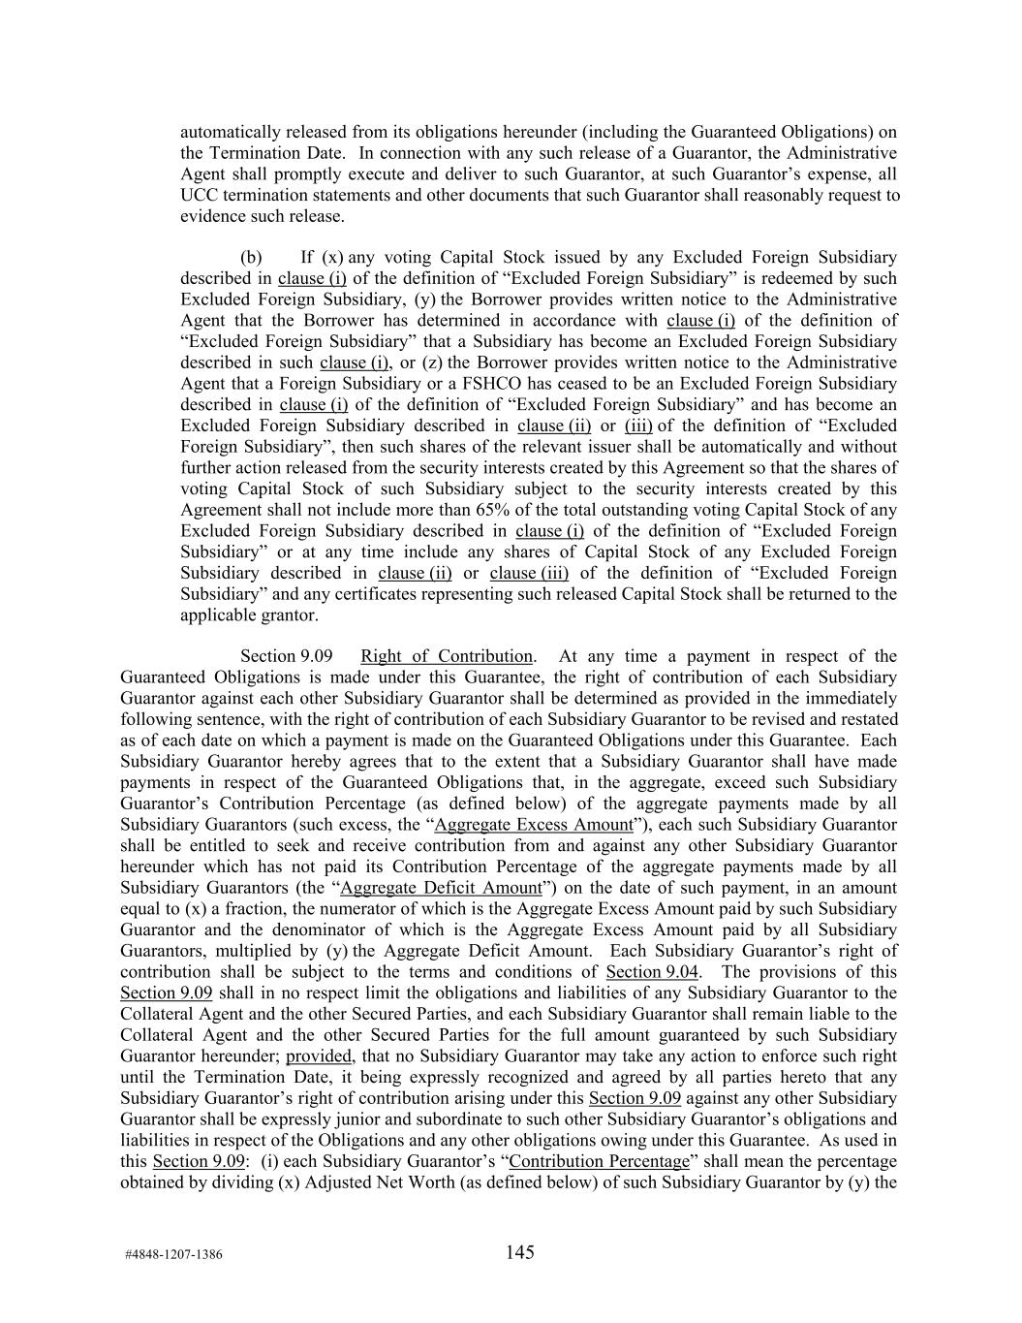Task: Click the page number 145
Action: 519,1252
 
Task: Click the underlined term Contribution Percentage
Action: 600,1161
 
